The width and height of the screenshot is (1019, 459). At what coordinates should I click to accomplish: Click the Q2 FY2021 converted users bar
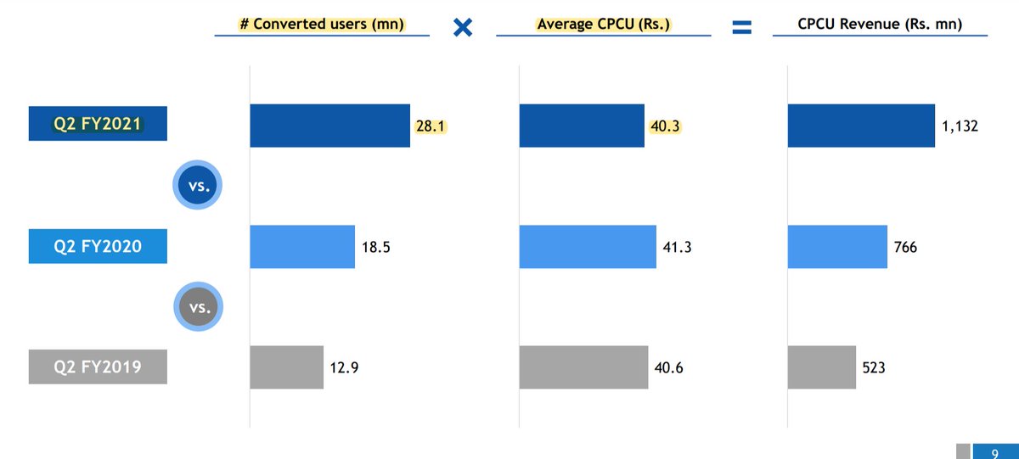pos(329,126)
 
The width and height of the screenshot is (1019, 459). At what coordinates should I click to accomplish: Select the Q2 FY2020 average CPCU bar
pos(588,247)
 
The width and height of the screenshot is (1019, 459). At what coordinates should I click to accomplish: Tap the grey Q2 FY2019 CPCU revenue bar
pos(821,367)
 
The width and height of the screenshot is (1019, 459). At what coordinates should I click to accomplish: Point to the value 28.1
pos(431,126)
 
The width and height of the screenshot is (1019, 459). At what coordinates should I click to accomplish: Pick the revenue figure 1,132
pos(960,126)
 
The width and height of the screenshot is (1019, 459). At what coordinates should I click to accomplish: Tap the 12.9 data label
pos(345,367)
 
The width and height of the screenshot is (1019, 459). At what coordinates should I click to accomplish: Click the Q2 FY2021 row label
pos(98,124)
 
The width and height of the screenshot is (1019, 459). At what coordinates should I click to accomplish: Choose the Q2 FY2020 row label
pos(98,247)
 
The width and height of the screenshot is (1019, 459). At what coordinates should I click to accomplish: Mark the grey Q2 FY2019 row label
pos(98,367)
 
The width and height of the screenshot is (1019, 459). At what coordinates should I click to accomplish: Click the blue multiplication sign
pos(463,27)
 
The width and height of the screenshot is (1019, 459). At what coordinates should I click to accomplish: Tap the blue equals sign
pos(742,28)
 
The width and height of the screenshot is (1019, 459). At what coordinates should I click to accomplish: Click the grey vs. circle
pos(199,307)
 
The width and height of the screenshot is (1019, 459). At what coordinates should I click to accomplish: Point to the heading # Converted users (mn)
pos(322,25)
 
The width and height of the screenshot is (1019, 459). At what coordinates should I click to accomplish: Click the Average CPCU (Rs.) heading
pos(604,25)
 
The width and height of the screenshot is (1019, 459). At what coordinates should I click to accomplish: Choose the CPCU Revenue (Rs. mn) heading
pos(880,25)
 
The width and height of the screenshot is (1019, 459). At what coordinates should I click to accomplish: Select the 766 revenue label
pos(905,247)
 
